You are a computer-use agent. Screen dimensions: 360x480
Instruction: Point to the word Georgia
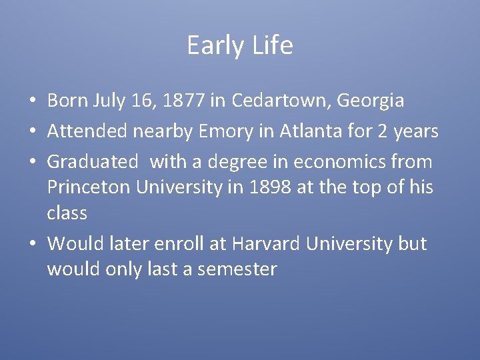(371, 101)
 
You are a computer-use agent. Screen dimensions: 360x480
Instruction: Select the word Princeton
(89, 188)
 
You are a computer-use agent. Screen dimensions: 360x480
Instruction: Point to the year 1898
(269, 188)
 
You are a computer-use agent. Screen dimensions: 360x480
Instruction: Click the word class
(67, 213)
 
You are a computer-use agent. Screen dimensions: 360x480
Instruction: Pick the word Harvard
(267, 244)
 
